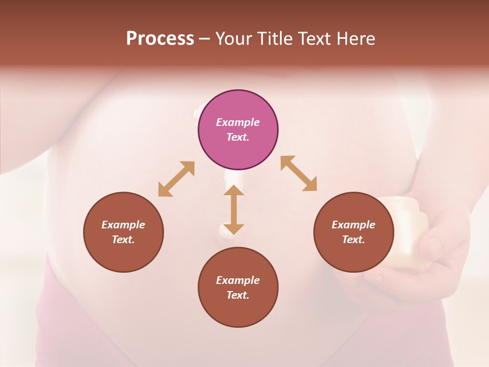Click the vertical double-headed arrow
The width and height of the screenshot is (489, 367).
234,209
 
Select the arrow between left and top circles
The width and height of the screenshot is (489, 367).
176,179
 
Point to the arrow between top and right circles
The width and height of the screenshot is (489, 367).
299,174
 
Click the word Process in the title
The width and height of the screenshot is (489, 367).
160,39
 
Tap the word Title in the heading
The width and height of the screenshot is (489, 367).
275,39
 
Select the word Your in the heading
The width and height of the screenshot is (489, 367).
234,39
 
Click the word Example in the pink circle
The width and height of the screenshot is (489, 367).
238,122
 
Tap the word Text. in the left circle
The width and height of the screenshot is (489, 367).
123,240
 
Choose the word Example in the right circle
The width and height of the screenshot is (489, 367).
353,225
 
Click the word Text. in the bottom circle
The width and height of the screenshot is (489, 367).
238,295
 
